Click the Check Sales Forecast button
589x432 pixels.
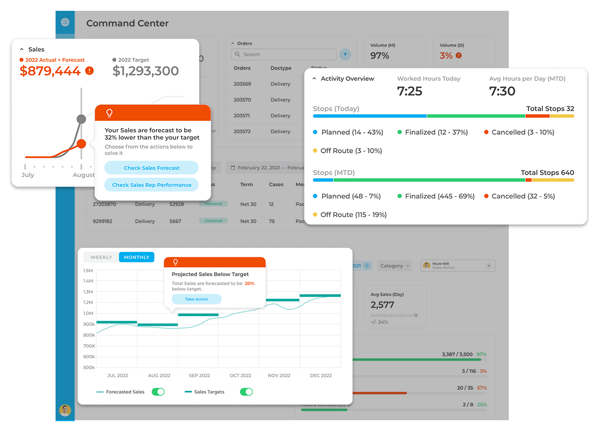click(151, 168)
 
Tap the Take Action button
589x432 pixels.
click(197, 299)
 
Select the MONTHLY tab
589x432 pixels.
click(136, 257)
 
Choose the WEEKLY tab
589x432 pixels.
click(101, 257)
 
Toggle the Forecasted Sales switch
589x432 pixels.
click(158, 392)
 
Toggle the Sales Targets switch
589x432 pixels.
click(246, 392)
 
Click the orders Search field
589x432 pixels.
click(284, 55)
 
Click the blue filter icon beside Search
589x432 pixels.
click(345, 55)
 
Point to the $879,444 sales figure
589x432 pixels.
click(50, 71)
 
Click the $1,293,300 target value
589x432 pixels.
click(146, 71)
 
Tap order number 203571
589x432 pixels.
click(242, 116)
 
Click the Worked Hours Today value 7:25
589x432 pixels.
click(410, 92)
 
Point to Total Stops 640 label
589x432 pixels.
click(547, 173)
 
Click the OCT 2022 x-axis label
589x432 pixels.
click(241, 375)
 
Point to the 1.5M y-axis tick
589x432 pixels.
click(88, 271)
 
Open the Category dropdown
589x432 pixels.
click(395, 266)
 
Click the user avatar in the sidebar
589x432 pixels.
click(65, 410)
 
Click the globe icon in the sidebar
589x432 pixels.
click(65, 22)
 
